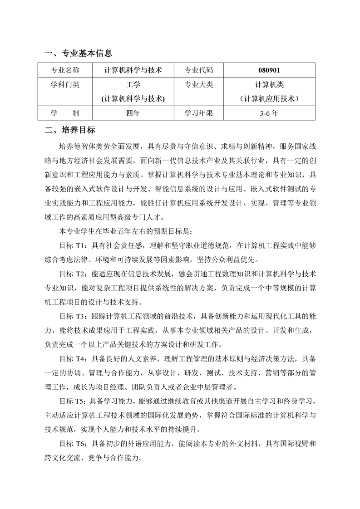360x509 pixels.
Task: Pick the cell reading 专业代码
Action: (198, 70)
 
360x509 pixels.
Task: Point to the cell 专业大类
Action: (198, 85)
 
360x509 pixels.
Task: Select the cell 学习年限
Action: (198, 113)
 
